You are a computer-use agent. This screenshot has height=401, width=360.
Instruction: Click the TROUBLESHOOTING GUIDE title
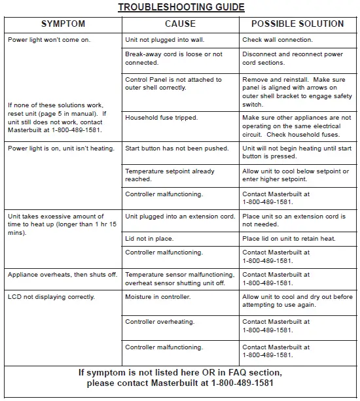point(181,7)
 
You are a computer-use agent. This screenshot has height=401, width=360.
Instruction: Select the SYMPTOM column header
point(63,24)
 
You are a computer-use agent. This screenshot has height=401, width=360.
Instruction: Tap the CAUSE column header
point(180,24)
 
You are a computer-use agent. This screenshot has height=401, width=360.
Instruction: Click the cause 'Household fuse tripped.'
point(161,118)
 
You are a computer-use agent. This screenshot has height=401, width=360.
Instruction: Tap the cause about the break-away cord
point(173,59)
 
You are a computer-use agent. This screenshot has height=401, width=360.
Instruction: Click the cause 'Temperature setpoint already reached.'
point(170,175)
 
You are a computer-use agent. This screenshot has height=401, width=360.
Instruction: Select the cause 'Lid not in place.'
point(150,239)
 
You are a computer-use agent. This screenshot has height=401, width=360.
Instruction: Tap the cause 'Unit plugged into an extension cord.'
point(180,217)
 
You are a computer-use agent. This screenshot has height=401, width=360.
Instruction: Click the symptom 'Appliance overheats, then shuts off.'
point(62,275)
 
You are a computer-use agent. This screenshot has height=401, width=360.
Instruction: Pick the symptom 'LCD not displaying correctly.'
point(51,297)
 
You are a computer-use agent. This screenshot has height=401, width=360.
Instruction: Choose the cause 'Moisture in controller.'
point(158,297)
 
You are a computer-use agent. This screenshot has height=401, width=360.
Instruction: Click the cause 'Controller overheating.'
point(160,322)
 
